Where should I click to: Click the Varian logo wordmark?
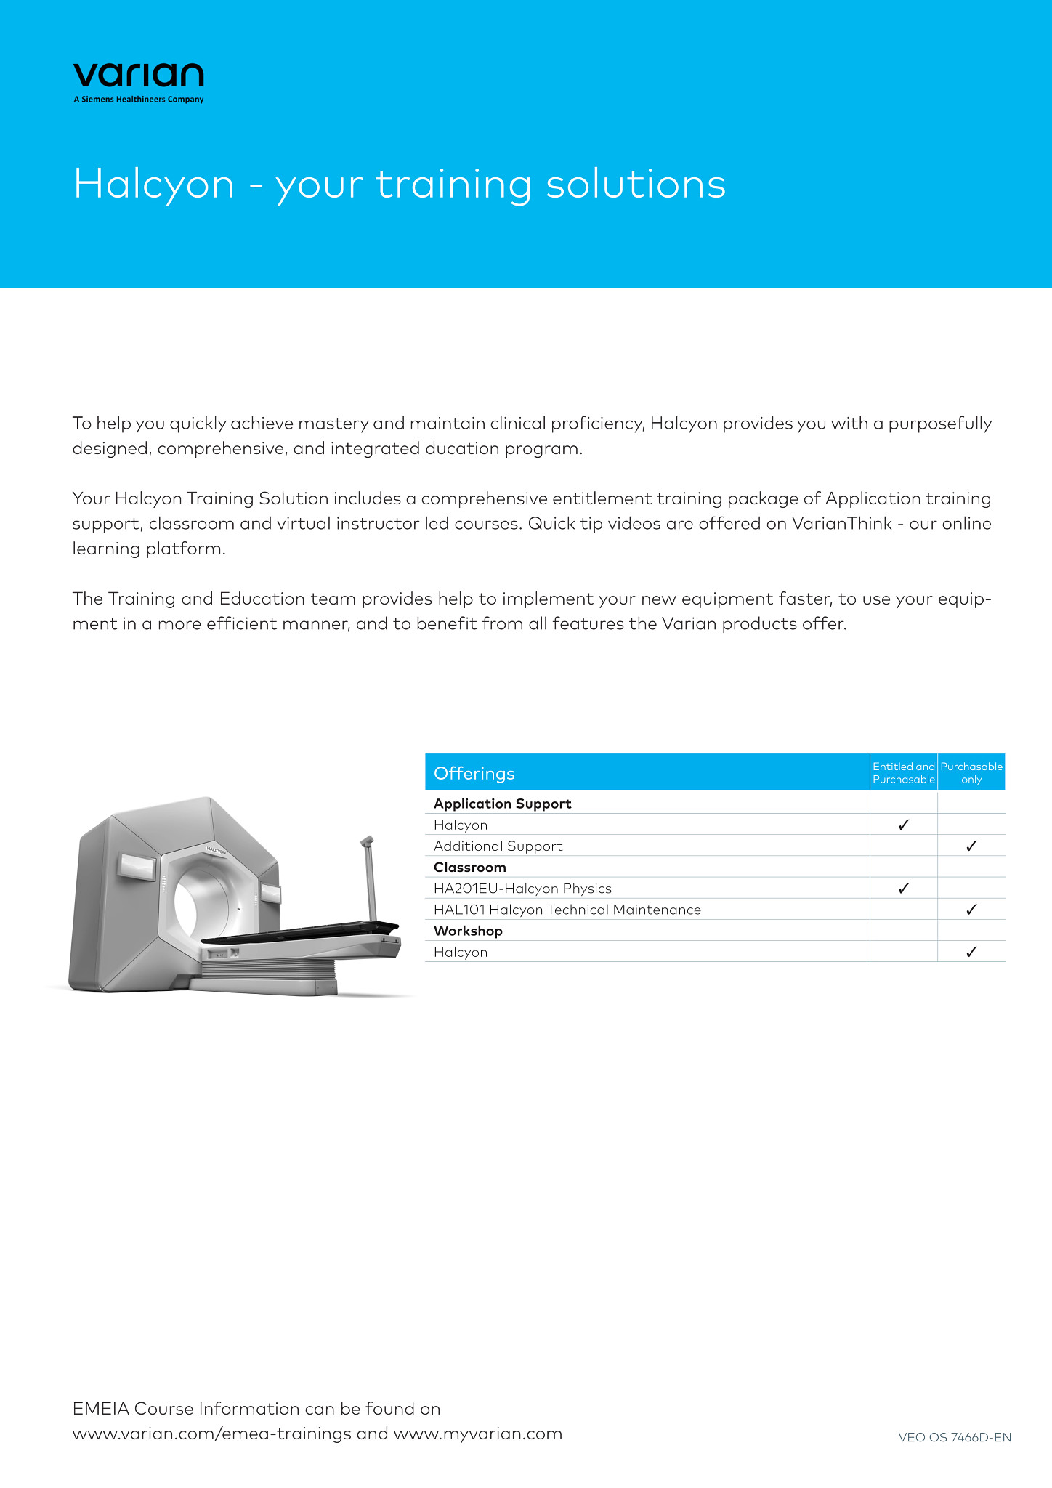[x=138, y=76]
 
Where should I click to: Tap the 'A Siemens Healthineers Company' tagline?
[x=138, y=100]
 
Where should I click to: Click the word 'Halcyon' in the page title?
[x=154, y=184]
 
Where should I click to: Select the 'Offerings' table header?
[x=474, y=773]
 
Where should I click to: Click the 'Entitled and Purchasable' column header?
[x=903, y=773]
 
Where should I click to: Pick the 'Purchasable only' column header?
[x=971, y=773]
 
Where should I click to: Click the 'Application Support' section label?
[x=502, y=804]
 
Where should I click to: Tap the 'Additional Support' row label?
[x=498, y=846]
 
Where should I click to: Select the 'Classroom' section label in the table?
[x=469, y=867]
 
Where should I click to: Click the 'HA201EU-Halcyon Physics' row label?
[x=522, y=888]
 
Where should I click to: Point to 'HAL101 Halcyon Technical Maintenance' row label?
[x=567, y=910]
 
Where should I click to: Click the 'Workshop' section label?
[x=468, y=931]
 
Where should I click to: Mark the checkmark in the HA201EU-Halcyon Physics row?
[x=904, y=888]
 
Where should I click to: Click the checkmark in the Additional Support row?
[x=971, y=846]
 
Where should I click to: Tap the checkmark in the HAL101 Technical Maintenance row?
[x=971, y=909]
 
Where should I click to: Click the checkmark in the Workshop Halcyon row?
[x=971, y=952]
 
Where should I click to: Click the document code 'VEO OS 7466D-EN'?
[x=955, y=1437]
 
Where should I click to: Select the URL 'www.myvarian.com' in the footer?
[x=478, y=1434]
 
